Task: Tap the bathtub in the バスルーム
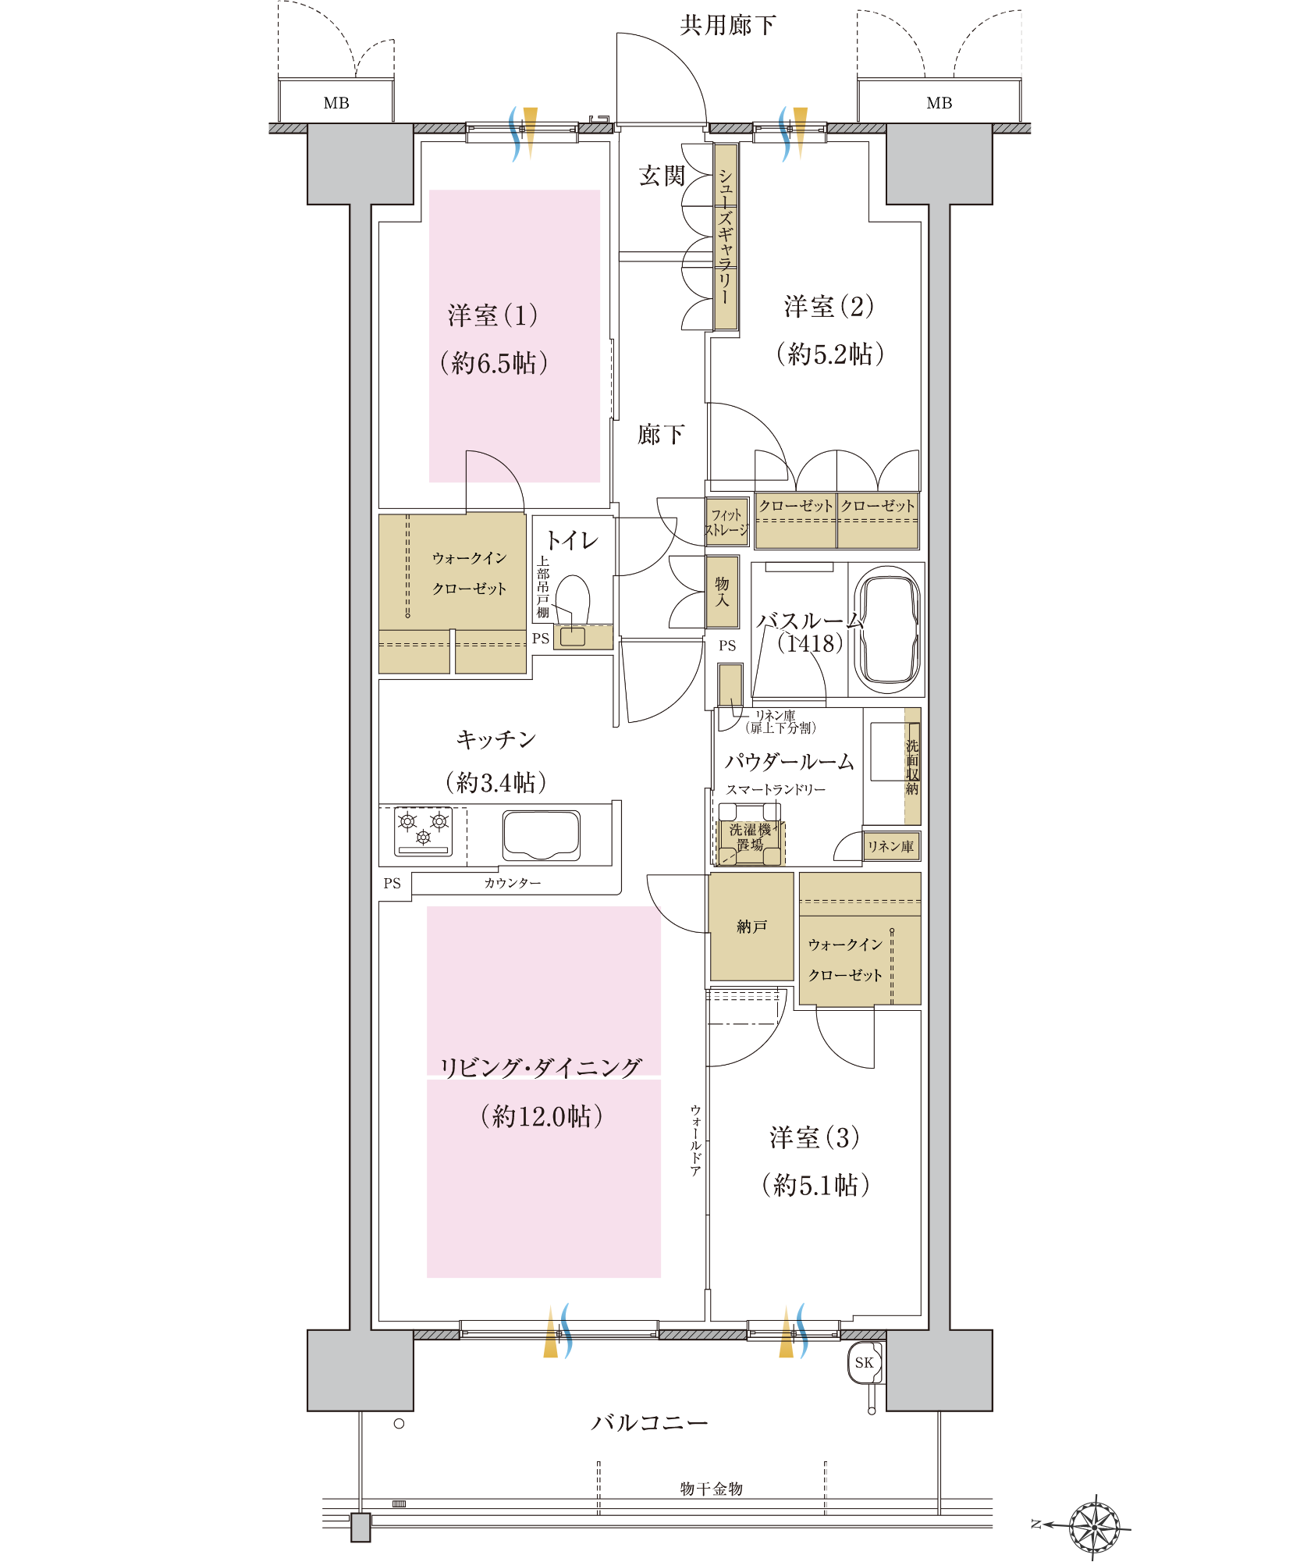point(887,629)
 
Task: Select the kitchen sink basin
point(542,834)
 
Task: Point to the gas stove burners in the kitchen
point(423,831)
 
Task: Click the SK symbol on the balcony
point(865,1362)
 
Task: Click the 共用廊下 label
point(727,25)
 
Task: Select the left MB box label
point(336,103)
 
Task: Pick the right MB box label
point(939,103)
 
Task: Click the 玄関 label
point(662,176)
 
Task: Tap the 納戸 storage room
point(751,927)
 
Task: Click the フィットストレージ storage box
point(727,521)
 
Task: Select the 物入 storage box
point(723,592)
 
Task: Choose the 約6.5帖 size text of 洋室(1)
point(494,362)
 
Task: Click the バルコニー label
point(649,1422)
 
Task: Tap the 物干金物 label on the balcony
point(711,1489)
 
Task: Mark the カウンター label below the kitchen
point(513,883)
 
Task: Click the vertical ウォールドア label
point(695,1140)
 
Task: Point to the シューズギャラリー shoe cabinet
point(726,237)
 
